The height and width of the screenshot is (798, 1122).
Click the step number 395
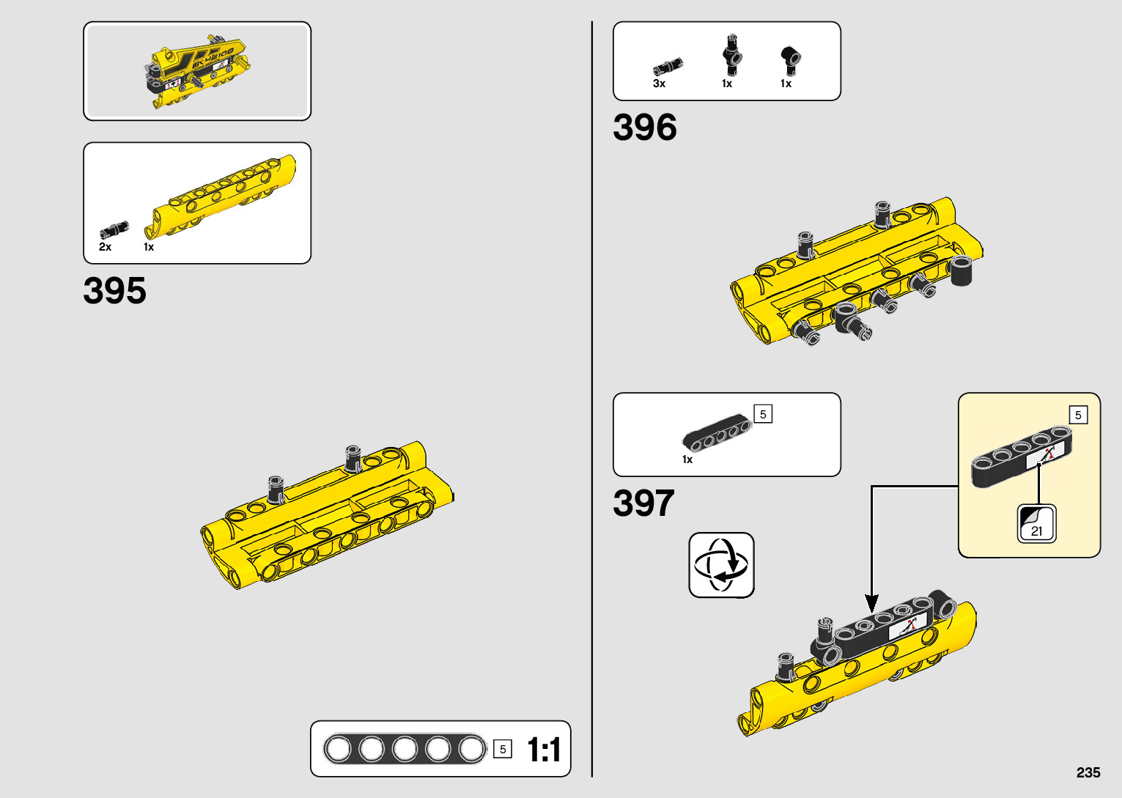(114, 291)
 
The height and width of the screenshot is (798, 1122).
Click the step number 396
(644, 128)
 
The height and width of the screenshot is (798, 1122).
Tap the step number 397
(643, 503)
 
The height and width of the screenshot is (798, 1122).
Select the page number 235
(1088, 772)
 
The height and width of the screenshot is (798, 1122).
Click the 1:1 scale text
(544, 750)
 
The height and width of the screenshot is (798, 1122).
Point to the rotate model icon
(721, 565)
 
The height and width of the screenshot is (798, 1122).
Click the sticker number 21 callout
(1036, 524)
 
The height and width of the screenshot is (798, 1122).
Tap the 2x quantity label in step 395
(105, 248)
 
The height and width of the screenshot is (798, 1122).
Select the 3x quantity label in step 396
(659, 84)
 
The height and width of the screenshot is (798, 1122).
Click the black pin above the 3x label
(668, 66)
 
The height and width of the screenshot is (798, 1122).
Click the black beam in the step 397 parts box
(717, 433)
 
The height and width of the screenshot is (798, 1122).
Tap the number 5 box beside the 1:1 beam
(503, 749)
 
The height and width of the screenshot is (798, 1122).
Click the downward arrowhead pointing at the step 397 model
(871, 604)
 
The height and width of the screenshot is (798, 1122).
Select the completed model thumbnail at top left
(197, 71)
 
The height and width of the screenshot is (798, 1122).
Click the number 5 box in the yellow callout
(1077, 415)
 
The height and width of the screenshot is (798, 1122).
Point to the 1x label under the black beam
(687, 460)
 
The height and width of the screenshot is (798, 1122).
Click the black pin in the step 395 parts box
(114, 229)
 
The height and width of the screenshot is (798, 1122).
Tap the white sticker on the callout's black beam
(1044, 456)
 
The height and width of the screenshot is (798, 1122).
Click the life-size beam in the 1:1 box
(405, 749)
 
